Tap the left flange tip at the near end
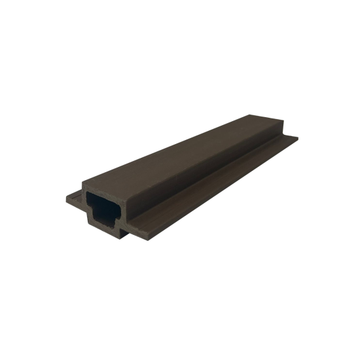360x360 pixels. click(x=68, y=196)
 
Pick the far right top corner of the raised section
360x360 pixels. click(x=283, y=124)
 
